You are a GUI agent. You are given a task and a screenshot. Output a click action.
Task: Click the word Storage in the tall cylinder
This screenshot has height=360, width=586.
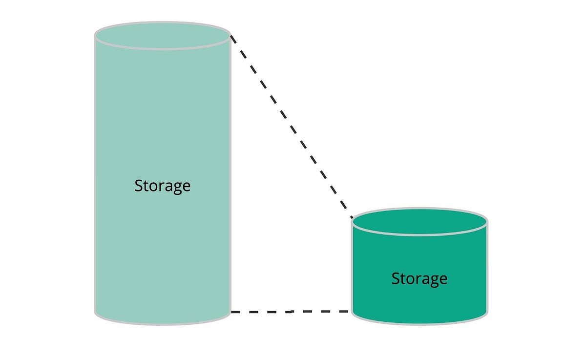coord(162,186)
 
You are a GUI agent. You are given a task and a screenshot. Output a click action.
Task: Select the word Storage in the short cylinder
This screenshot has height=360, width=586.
coord(419,278)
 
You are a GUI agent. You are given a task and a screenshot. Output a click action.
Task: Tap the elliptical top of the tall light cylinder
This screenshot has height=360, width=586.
coord(162,35)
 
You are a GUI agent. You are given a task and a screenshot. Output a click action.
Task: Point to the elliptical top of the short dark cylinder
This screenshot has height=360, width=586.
coord(419,222)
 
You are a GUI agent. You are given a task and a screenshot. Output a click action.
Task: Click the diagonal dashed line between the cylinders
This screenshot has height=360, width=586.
coord(291,127)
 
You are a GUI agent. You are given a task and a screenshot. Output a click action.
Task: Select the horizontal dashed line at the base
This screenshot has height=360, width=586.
coord(291,311)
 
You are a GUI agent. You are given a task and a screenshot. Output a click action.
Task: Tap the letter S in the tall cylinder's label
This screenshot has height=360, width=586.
coord(139,186)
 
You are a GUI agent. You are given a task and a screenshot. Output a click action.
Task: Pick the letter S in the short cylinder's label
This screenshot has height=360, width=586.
coord(396,278)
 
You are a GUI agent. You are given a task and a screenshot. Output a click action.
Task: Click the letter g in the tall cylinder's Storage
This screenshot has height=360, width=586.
coord(176,188)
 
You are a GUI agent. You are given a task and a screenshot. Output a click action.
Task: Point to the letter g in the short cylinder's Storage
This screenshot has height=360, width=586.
coord(434,280)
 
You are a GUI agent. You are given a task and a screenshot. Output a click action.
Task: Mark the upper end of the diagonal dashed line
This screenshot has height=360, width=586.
coord(231,37)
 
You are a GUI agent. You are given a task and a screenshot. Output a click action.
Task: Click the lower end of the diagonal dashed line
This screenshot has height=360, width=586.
coord(352,217)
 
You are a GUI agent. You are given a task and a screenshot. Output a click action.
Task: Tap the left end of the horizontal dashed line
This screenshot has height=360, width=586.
coord(232,312)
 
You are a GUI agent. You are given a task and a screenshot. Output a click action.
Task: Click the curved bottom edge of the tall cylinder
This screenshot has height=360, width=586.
coord(162,324)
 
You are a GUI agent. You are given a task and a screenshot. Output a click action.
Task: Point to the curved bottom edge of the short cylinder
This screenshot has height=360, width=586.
coord(419,322)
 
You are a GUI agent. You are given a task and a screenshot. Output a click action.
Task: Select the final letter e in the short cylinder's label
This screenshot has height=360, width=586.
coord(443,279)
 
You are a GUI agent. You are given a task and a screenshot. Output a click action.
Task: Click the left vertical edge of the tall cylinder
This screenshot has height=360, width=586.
coord(95,171)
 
